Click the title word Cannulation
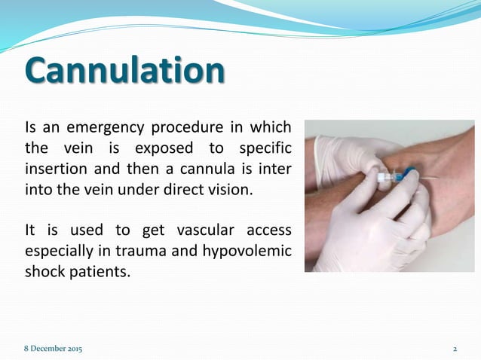124,71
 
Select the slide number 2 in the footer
455,349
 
